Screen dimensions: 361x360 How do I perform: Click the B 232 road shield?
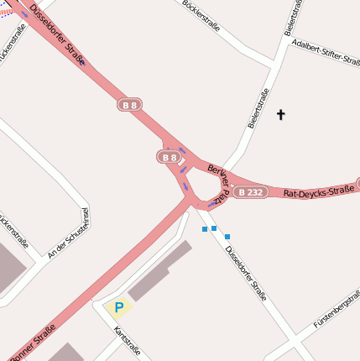click(x=250, y=192)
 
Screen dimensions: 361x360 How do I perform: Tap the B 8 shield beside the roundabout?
click(x=170, y=157)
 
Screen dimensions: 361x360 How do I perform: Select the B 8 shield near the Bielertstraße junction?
click(x=129, y=105)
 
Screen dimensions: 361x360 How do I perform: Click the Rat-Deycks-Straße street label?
click(x=318, y=191)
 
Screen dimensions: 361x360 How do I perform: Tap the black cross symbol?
click(x=280, y=114)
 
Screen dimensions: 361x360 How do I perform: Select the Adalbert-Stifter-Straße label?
click(x=325, y=51)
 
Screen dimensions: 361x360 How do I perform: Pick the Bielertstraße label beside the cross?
click(x=258, y=108)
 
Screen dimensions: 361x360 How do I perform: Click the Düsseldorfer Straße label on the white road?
click(x=246, y=272)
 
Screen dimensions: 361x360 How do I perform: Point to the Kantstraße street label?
click(x=127, y=341)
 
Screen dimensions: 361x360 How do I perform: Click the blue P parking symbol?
click(x=119, y=308)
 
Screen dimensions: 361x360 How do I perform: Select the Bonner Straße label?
click(x=34, y=344)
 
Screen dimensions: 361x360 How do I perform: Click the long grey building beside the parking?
click(x=159, y=271)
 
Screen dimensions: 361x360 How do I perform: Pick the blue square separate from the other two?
click(x=227, y=237)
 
